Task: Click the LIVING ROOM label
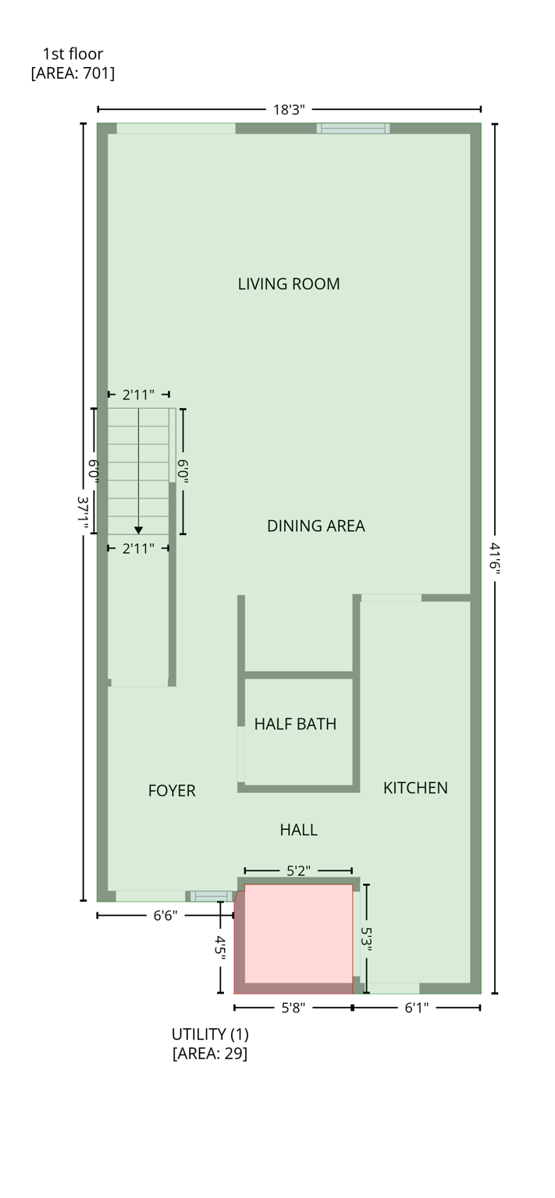289,284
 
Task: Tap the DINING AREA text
315,526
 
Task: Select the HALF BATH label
295,724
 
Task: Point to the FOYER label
172,791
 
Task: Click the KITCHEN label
415,788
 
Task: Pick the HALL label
298,830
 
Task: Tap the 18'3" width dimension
289,110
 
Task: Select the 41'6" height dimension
495,558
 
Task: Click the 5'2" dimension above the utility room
297,871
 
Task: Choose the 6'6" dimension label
165,916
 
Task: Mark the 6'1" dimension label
416,1008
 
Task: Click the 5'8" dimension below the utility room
293,1008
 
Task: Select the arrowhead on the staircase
138,530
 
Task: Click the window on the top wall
353,129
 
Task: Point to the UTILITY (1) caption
210,1034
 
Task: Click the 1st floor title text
73,54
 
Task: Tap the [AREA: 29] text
210,1054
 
